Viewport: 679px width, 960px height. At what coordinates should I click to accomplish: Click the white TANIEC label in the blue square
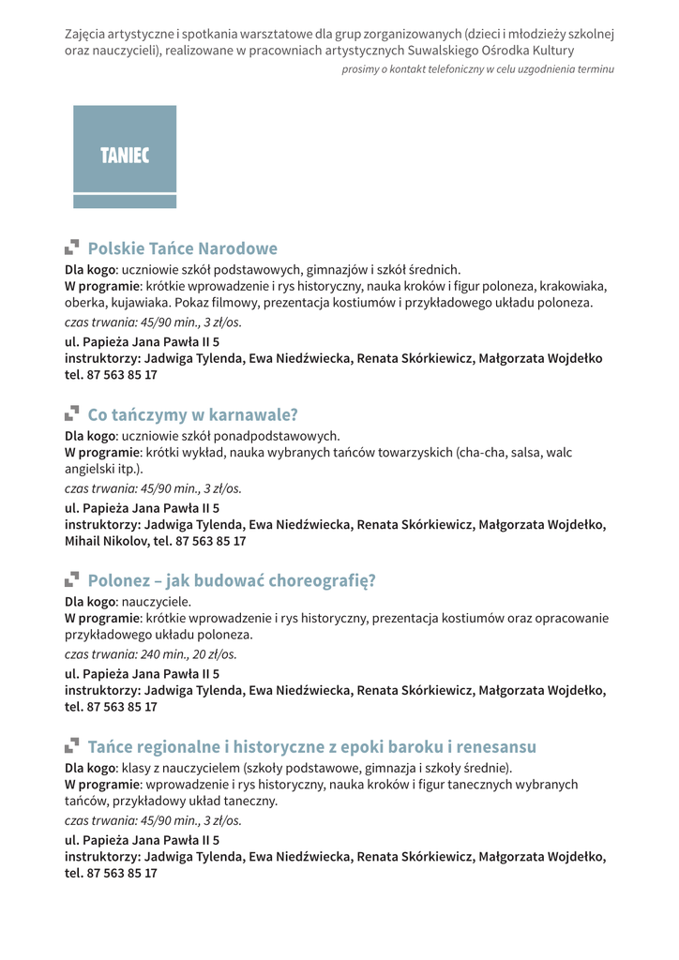[125, 156]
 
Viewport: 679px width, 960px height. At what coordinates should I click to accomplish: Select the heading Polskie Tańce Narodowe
[182, 248]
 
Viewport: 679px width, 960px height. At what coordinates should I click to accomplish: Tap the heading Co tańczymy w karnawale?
[192, 414]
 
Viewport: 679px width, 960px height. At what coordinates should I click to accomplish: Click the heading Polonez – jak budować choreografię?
[231, 580]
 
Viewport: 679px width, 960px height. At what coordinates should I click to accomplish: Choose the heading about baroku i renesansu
[311, 746]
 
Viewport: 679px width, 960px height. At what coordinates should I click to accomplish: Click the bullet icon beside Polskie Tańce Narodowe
[71, 247]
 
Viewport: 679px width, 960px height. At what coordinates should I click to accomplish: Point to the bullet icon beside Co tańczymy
[71, 413]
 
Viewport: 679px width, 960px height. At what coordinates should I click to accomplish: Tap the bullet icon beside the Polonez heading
[71, 579]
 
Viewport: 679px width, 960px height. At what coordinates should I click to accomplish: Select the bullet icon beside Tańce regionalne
[71, 745]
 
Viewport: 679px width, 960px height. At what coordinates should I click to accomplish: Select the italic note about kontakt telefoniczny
[478, 69]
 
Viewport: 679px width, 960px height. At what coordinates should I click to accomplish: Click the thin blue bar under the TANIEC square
[125, 202]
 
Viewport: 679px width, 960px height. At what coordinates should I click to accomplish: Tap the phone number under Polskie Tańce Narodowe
[122, 375]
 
